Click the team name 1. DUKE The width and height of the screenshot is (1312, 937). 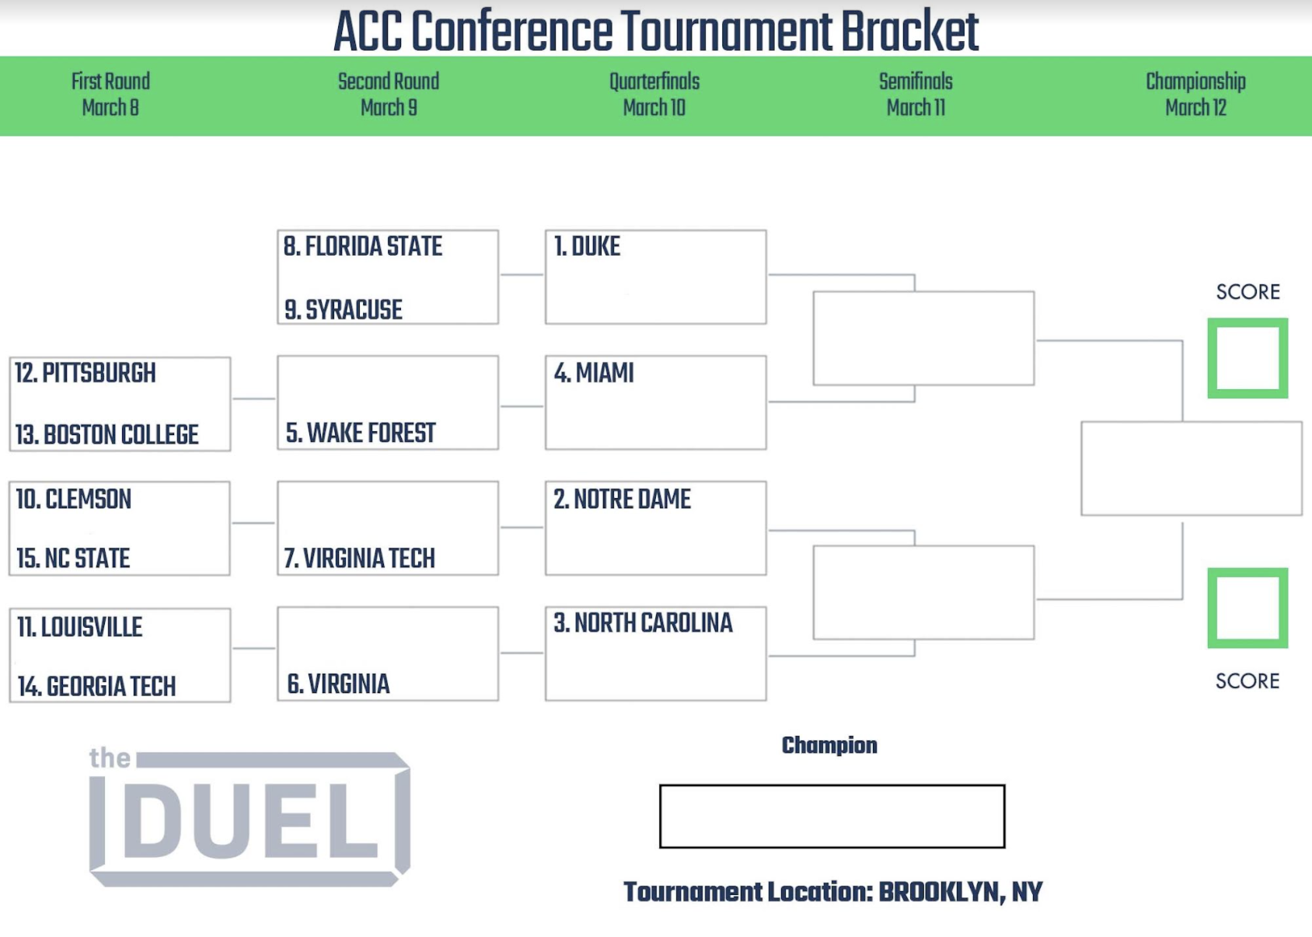click(587, 246)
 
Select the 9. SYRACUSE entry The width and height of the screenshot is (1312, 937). click(344, 310)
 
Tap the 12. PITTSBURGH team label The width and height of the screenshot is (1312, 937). click(85, 373)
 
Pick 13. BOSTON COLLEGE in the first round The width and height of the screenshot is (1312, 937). click(107, 434)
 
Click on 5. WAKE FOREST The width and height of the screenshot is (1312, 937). click(360, 434)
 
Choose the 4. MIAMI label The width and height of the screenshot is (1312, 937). click(594, 373)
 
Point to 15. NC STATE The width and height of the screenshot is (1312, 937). click(73, 558)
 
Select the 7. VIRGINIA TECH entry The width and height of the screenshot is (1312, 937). click(360, 558)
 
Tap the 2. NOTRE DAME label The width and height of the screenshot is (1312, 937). click(622, 500)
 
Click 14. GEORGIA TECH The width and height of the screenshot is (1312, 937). click(96, 686)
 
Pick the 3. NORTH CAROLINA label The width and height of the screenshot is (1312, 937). click(643, 623)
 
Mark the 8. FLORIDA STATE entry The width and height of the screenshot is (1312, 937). click(363, 246)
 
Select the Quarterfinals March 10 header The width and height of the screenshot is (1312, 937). click(654, 94)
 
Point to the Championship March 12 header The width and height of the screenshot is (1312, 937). click(1195, 94)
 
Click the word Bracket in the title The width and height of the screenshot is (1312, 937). click(909, 31)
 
